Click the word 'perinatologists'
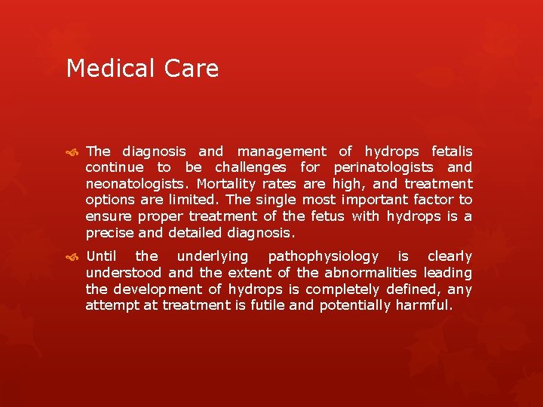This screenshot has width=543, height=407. click(383, 167)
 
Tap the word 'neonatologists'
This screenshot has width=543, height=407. click(136, 184)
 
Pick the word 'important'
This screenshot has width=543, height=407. click(374, 200)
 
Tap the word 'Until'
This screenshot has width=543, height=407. click(101, 256)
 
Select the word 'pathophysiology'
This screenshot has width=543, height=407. click(324, 257)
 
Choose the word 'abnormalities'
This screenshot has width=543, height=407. click(371, 273)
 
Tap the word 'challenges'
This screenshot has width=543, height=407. click(250, 167)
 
